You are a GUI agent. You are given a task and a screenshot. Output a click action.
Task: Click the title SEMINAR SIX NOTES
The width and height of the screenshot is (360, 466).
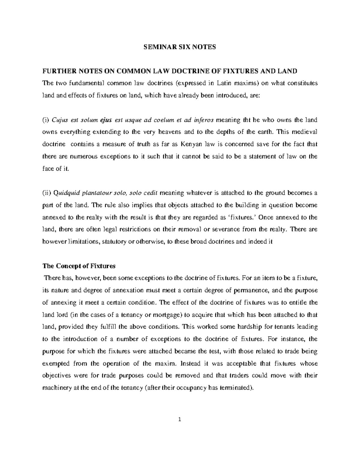point(180,47)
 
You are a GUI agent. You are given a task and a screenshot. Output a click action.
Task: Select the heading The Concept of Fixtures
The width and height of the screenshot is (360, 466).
point(79,266)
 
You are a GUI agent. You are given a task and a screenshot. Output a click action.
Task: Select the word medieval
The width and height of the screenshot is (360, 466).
point(304,132)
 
